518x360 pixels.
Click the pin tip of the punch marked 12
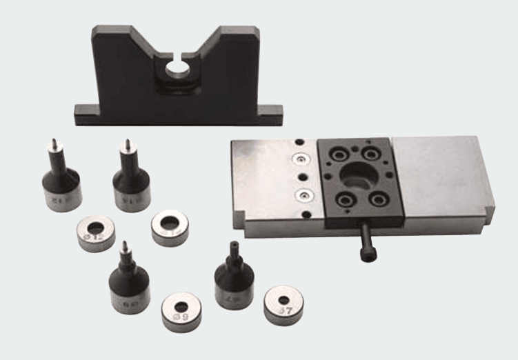pos(52,143)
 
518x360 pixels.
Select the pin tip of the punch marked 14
pos(126,144)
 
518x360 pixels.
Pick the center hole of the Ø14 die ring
pos(170,223)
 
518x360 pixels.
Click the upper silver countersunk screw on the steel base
pos(300,159)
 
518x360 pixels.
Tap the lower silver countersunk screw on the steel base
pos(302,195)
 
